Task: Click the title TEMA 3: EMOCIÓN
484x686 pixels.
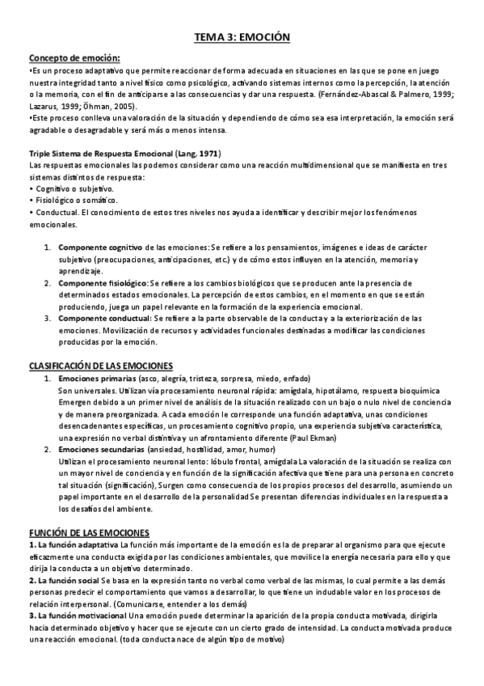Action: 242,37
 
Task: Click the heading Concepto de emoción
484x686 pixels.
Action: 74,57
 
